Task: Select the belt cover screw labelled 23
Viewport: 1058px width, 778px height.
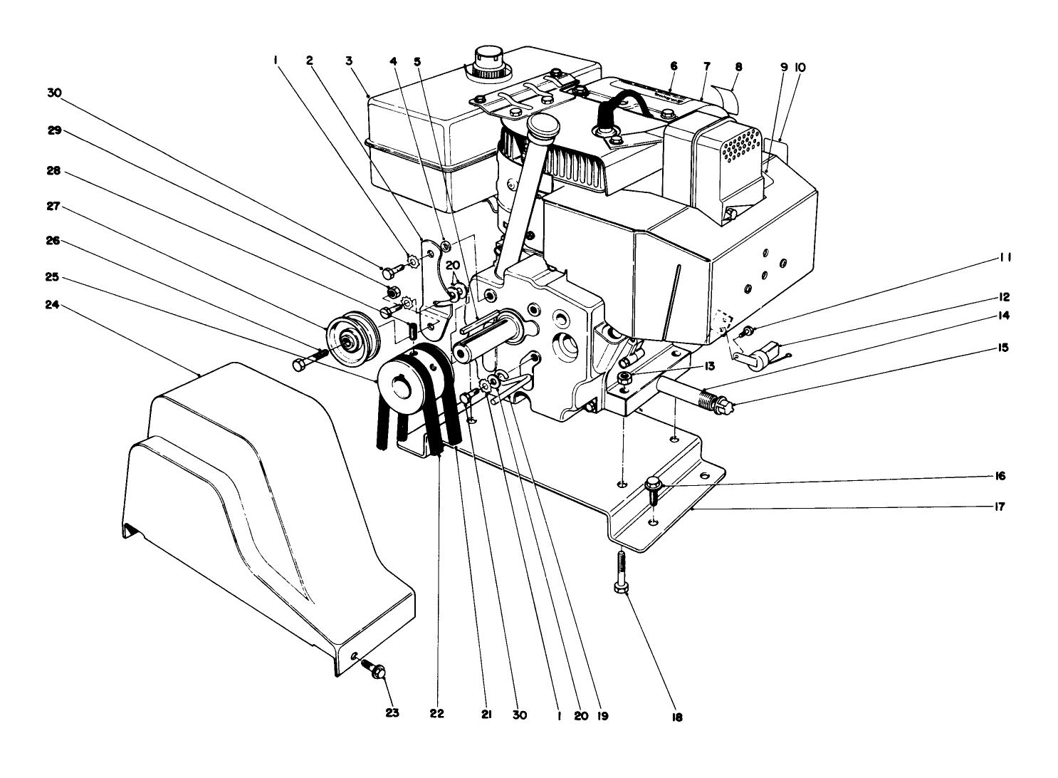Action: (x=377, y=670)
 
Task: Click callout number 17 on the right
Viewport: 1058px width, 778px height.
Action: (x=999, y=507)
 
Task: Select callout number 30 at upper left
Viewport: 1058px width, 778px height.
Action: (x=55, y=93)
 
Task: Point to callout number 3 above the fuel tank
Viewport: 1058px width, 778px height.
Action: (x=349, y=61)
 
